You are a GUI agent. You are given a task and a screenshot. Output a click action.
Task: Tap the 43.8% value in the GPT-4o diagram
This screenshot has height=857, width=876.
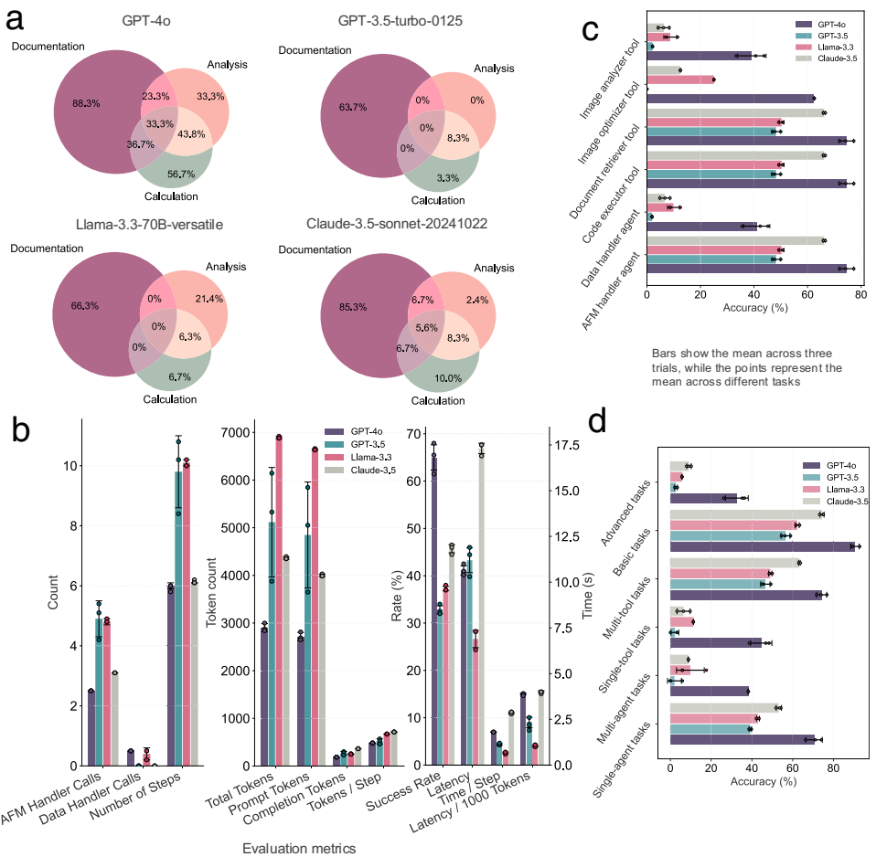click(191, 134)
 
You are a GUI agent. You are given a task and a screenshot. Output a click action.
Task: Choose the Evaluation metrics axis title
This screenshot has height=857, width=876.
click(298, 848)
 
